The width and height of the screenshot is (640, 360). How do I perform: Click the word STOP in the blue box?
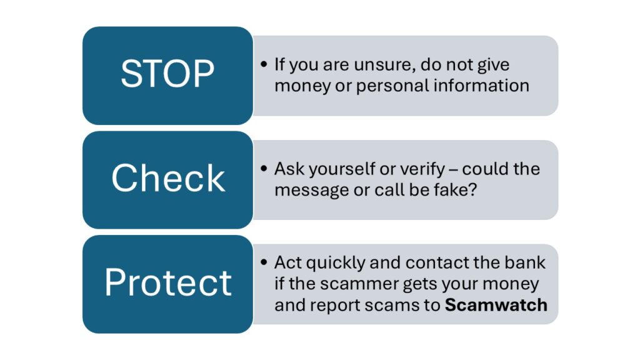(167, 74)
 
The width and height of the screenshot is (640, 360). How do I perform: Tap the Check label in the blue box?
(167, 178)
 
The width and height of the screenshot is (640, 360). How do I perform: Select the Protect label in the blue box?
(167, 282)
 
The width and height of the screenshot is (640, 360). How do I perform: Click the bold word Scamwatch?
(496, 305)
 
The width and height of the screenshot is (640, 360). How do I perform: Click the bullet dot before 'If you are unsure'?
(264, 64)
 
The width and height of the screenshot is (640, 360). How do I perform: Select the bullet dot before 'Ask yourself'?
(264, 168)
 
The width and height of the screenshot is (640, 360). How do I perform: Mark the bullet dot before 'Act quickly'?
(264, 262)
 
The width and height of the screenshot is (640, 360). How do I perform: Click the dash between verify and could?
(453, 169)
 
